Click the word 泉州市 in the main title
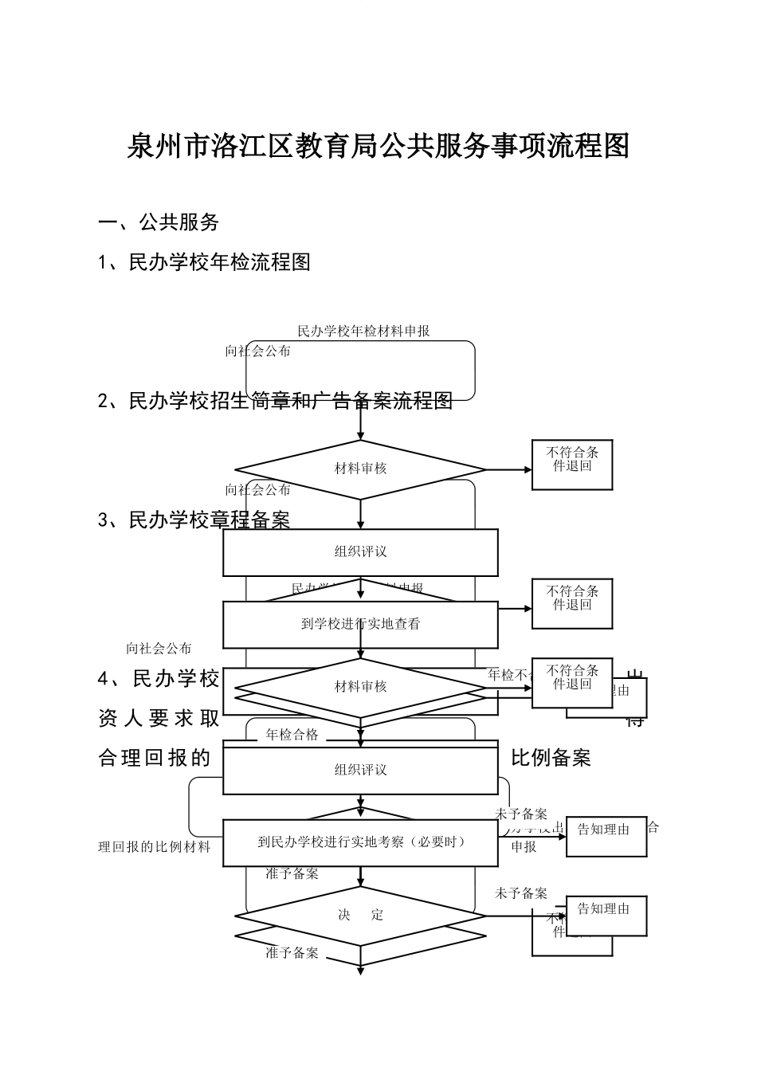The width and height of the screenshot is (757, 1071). (x=169, y=147)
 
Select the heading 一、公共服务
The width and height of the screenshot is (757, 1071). (x=159, y=223)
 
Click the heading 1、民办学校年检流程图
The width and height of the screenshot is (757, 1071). (x=204, y=262)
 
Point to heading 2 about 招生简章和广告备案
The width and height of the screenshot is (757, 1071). (x=275, y=401)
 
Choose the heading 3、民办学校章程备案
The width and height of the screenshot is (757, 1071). (x=194, y=520)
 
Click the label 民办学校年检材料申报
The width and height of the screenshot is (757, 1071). (x=363, y=331)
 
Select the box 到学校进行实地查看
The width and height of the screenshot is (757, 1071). (x=360, y=624)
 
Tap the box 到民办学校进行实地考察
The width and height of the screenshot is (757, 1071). (x=360, y=842)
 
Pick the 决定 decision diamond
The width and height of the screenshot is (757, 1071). (x=360, y=915)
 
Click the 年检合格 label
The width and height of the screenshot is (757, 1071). (x=292, y=735)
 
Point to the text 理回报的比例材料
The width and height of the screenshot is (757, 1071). (x=154, y=846)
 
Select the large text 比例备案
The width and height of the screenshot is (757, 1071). (x=551, y=758)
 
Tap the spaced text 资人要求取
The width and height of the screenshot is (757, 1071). (x=159, y=719)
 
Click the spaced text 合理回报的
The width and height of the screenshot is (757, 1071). (x=154, y=758)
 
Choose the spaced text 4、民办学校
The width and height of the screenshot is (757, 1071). (x=159, y=679)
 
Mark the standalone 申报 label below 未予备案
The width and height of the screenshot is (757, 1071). (x=524, y=847)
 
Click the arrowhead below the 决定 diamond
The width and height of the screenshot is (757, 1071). (x=360, y=971)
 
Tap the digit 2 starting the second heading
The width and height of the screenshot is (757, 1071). (x=104, y=402)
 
